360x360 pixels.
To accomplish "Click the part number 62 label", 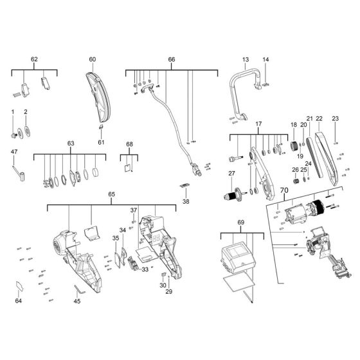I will (34, 59).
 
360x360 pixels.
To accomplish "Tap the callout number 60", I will (92, 59).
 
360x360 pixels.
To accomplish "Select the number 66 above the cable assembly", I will (171, 59).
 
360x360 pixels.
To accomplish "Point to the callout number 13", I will (245, 59).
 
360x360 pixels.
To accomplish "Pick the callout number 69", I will (241, 222).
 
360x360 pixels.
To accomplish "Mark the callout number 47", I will (14, 152).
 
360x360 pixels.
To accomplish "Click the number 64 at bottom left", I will (18, 300).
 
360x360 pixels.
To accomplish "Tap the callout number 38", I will (186, 201).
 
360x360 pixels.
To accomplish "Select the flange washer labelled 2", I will (27, 133).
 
